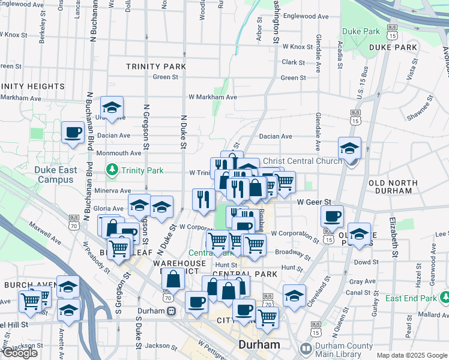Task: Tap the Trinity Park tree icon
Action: click(111, 170)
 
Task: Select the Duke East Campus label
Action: click(55, 175)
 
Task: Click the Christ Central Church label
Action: click(302, 161)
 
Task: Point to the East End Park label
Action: click(411, 298)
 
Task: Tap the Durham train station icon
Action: click(172, 311)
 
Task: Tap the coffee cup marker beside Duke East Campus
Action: click(73, 133)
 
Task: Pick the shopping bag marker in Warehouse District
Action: click(173, 279)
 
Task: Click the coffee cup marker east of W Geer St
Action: click(331, 217)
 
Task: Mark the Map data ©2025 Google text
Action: click(411, 355)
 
